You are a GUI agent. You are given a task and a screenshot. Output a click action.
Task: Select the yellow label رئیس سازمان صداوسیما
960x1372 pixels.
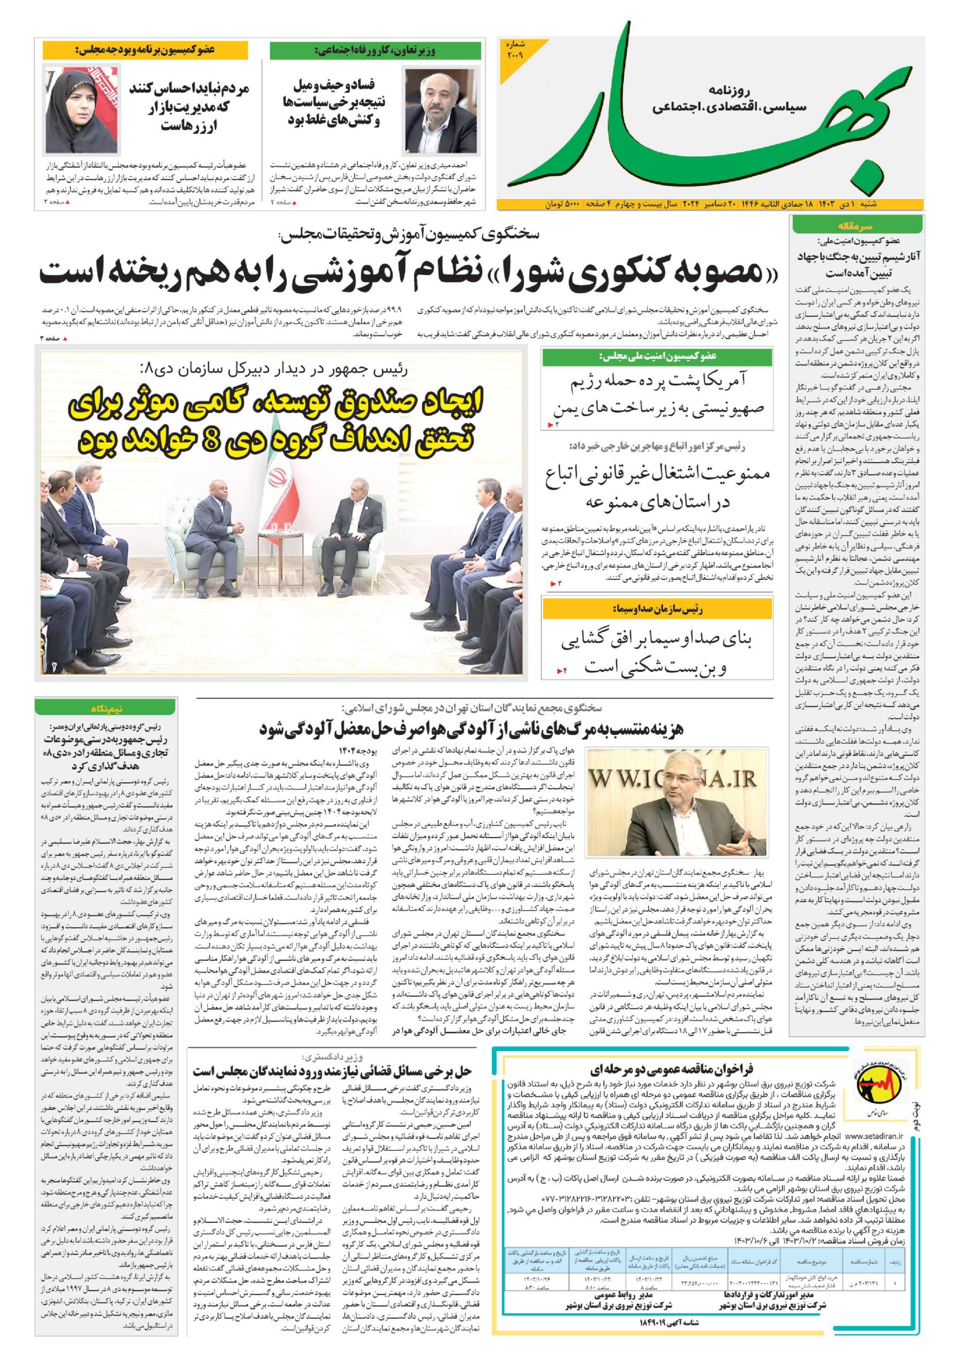click(x=657, y=609)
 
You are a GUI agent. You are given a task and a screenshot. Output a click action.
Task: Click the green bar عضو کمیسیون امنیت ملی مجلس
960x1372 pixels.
click(x=657, y=356)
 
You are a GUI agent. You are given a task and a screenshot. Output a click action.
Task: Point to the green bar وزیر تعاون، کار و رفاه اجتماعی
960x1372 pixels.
click(x=375, y=51)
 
